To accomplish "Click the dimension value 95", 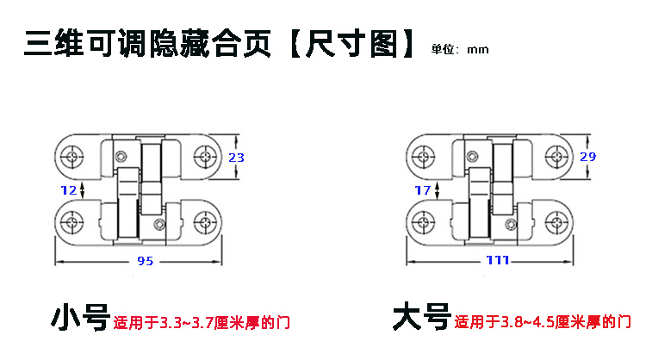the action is click(146, 261).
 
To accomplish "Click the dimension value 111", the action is click(497, 261).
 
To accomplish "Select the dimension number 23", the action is click(236, 157).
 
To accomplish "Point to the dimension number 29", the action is click(587, 157).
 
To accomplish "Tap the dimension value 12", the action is click(70, 189).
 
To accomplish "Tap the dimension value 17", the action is click(422, 189).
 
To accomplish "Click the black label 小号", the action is click(79, 318).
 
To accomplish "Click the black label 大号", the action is click(421, 318).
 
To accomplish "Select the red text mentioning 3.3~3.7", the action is click(201, 324).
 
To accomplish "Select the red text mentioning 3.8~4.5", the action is click(541, 324).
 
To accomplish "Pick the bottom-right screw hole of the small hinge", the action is click(207, 220).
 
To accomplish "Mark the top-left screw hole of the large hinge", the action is click(423, 157).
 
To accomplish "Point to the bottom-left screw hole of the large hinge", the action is click(423, 220).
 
